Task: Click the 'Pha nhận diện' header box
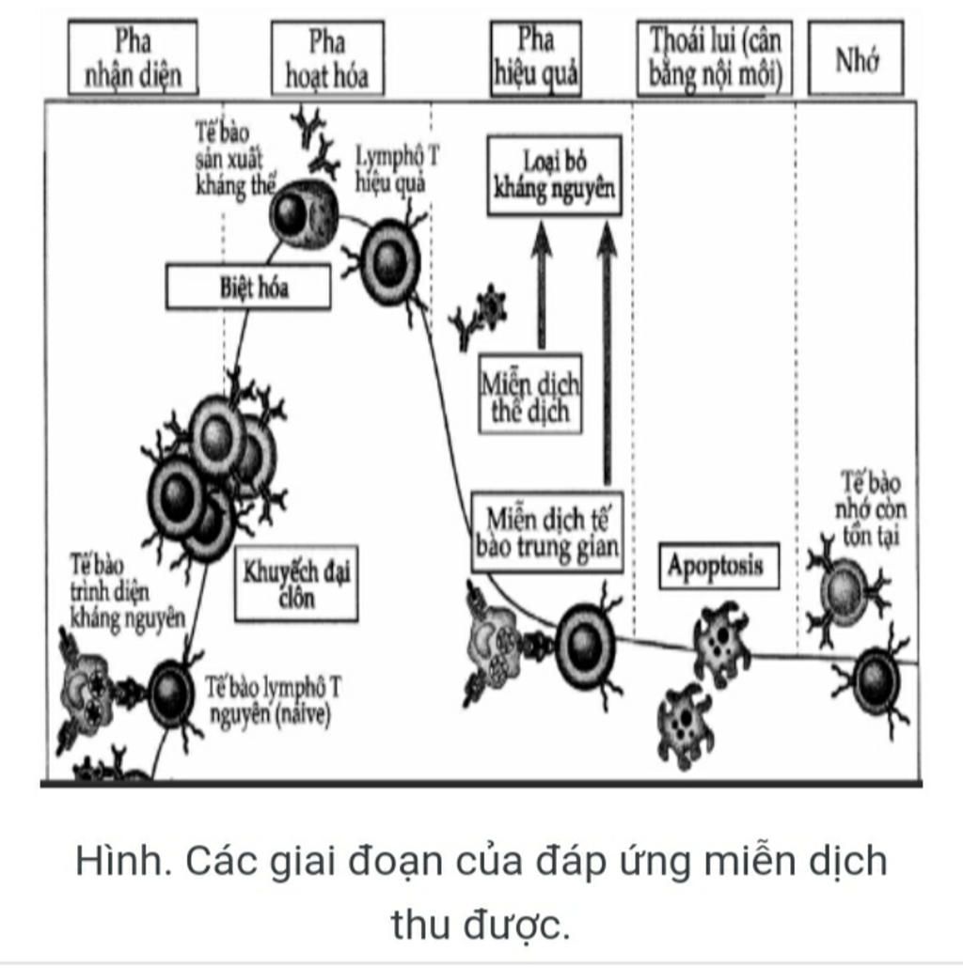[x=133, y=57]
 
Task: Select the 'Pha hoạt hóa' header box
[x=327, y=58]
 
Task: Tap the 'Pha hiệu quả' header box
[x=535, y=57]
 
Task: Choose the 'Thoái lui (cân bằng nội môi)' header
[x=716, y=58]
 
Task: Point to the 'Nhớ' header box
[x=856, y=58]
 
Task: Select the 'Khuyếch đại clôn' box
[x=296, y=584]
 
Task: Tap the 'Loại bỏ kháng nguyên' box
[x=555, y=176]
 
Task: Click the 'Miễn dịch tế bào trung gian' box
[x=547, y=531]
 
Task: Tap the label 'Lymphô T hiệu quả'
[x=396, y=168]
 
